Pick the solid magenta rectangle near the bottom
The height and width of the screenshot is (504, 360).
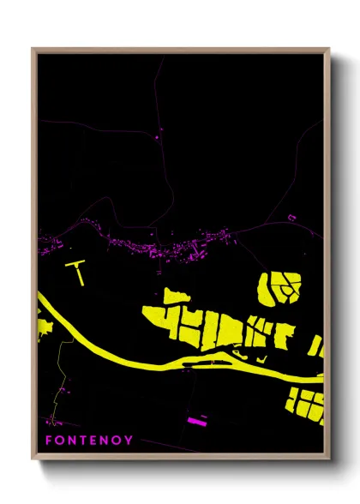coord(196,421)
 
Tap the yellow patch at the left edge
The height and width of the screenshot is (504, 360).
coord(45,326)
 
